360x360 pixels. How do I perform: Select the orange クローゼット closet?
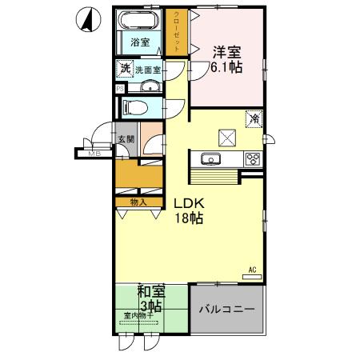178,32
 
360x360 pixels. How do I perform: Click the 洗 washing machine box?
123,70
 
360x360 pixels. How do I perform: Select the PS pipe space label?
120,89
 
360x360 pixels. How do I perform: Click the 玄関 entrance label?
127,138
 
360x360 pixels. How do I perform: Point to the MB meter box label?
94,152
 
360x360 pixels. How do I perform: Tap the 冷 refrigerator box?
254,118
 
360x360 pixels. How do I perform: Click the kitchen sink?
210,157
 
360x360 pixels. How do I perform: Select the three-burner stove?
253,157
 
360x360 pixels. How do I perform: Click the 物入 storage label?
139,202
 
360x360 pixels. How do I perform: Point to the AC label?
253,270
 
